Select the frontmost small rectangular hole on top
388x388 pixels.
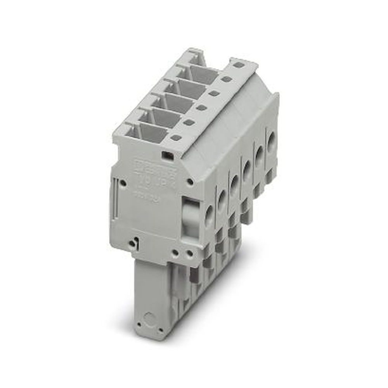coord(175,137)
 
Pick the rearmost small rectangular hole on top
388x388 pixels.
coord(239,65)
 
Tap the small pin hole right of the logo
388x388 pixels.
coord(190,182)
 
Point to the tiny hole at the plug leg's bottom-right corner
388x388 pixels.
coord(160,330)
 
